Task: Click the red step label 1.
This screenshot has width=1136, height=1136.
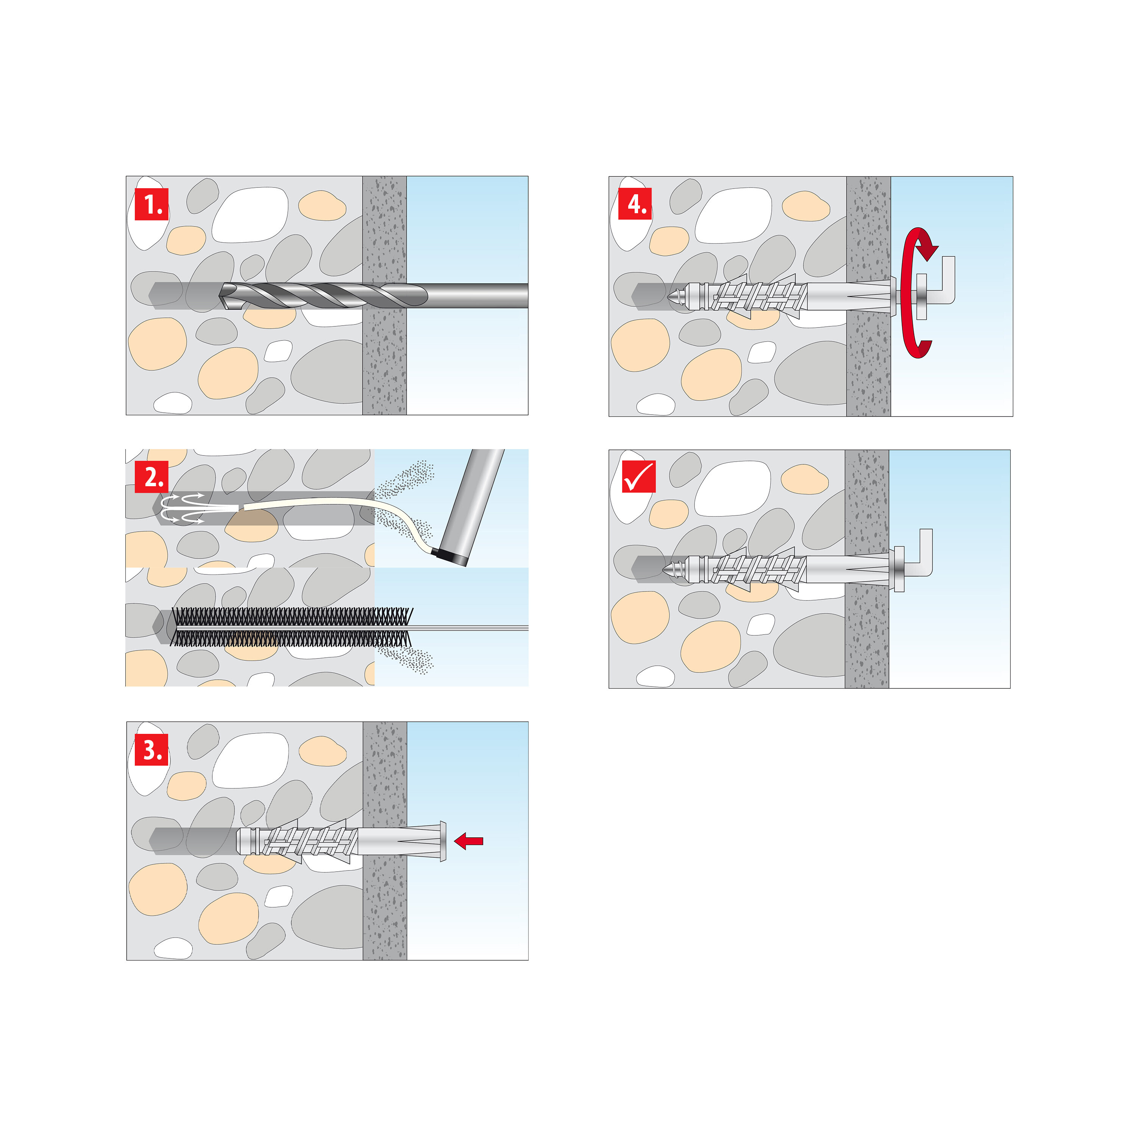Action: tap(152, 204)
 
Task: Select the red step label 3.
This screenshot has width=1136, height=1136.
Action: tap(152, 750)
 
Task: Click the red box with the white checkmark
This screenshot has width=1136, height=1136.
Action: tap(638, 476)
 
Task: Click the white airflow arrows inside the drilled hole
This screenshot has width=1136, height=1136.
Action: tap(182, 508)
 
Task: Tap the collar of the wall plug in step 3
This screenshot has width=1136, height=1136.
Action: tap(443, 841)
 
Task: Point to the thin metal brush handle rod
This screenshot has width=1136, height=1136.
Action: tap(470, 628)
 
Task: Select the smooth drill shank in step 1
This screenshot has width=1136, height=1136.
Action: tap(476, 295)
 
